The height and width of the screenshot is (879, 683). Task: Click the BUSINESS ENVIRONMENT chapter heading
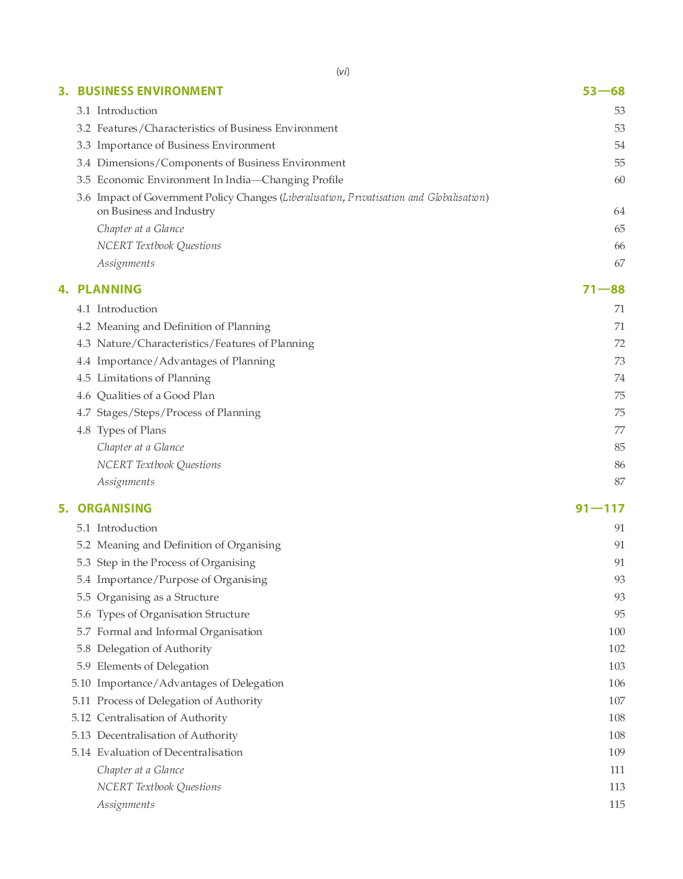pyautogui.click(x=150, y=91)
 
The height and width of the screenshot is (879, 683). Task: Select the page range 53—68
pyautogui.click(x=603, y=91)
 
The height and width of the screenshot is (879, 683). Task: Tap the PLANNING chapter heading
pyautogui.click(x=109, y=290)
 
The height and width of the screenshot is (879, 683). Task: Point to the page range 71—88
pyautogui.click(x=603, y=290)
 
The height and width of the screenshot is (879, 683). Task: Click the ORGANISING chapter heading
pyautogui.click(x=115, y=509)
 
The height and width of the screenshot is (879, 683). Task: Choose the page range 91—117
pyautogui.click(x=600, y=509)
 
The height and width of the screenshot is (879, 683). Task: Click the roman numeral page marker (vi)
pyautogui.click(x=343, y=72)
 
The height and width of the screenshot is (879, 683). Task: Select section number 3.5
pyautogui.click(x=83, y=180)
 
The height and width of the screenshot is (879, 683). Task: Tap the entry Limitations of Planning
pyautogui.click(x=154, y=378)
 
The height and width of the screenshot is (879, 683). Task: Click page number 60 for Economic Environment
pyautogui.click(x=619, y=180)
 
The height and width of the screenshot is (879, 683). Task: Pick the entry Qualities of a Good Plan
pyautogui.click(x=156, y=396)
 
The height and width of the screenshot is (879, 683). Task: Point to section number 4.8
pyautogui.click(x=83, y=430)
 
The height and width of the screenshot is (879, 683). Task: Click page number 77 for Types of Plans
pyautogui.click(x=619, y=430)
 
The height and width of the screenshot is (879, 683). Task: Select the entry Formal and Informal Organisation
pyautogui.click(x=180, y=632)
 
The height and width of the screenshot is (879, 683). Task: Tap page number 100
pyautogui.click(x=617, y=632)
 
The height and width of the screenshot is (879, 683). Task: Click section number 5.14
pyautogui.click(x=81, y=752)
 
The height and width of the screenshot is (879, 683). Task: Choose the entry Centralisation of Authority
pyautogui.click(x=162, y=718)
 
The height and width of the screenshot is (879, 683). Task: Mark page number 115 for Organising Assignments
pyautogui.click(x=617, y=805)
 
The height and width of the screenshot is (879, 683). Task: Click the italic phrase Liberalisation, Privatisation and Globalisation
pyautogui.click(x=385, y=198)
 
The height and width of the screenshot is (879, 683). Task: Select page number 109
pyautogui.click(x=617, y=752)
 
